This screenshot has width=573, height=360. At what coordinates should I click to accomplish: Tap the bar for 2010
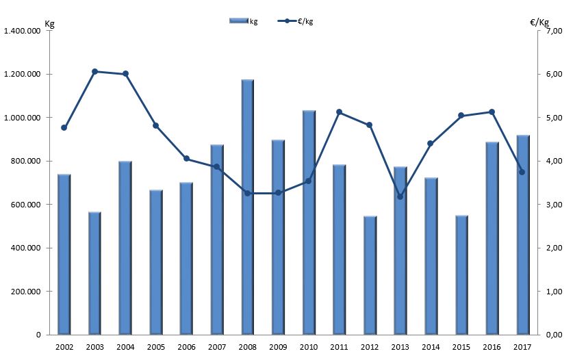click(309, 222)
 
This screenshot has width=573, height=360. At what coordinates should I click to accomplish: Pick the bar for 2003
click(94, 273)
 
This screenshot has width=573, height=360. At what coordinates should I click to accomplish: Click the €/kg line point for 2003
click(94, 71)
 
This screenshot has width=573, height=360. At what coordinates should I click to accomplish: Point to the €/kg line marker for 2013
click(400, 196)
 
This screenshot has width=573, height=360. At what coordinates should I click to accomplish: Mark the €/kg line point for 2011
click(340, 112)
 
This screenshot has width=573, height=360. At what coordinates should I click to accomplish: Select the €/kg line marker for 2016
click(492, 112)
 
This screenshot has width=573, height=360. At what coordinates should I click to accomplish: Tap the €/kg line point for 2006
click(186, 159)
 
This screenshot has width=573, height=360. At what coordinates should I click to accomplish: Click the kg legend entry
click(244, 21)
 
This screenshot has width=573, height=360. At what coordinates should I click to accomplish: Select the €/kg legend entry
click(296, 21)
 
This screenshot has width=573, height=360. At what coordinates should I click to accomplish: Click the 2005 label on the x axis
click(155, 348)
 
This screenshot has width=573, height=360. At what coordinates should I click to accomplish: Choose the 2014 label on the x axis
click(431, 348)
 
